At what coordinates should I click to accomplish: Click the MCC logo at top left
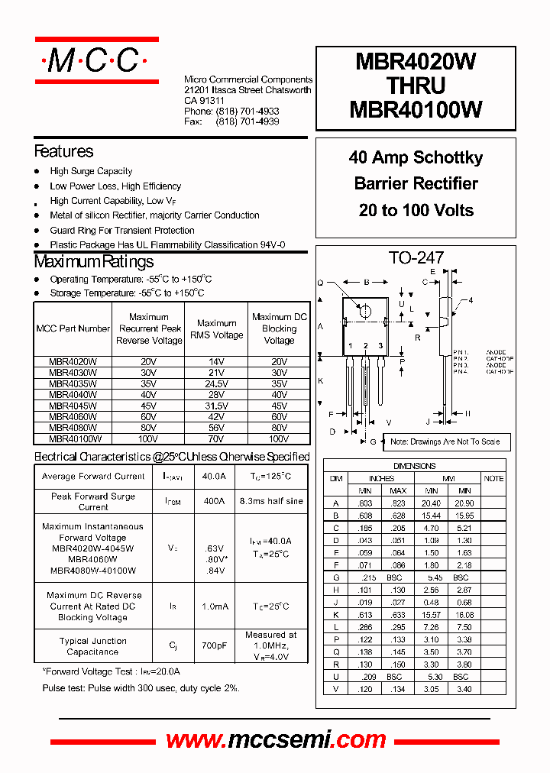pos(96,61)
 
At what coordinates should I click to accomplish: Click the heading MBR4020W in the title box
pos(416,62)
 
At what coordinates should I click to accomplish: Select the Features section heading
pos(63,151)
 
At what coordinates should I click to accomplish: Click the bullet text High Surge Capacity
pos(91,172)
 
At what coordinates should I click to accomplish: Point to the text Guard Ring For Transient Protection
pos(122,231)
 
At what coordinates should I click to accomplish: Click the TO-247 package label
pos(416,258)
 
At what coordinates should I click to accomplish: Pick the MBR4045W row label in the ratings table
pos(73,406)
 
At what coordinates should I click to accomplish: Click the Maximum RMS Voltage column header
pos(216,329)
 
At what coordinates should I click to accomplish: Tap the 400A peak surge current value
pos(214,502)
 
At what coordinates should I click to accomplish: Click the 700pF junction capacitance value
pos(214,646)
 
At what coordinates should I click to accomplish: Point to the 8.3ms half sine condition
pos(270,502)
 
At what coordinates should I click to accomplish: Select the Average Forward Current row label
pos(93,477)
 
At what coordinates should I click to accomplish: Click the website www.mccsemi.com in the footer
pos(276,739)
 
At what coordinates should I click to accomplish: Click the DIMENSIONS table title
pos(414,466)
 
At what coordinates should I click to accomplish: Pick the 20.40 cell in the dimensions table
pos(431,503)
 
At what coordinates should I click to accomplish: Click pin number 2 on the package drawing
pos(366,346)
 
